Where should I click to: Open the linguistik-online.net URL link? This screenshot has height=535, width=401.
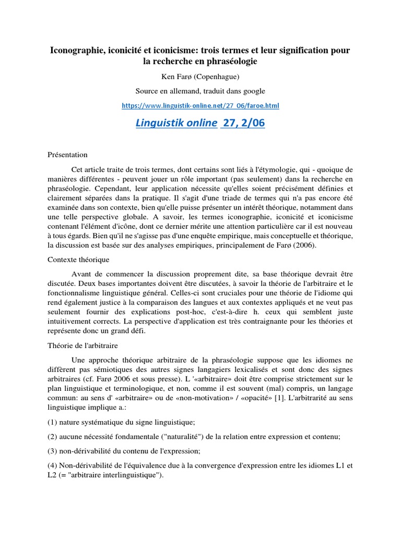tap(200, 106)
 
